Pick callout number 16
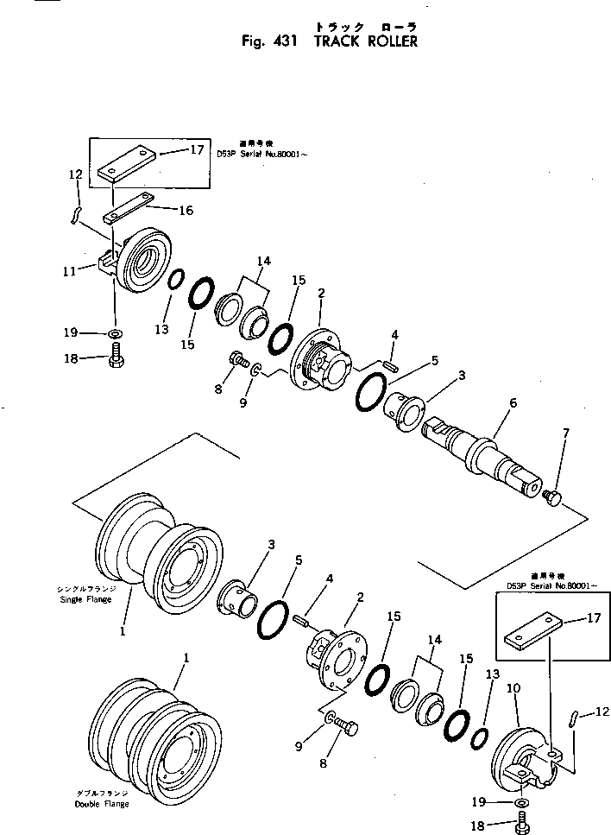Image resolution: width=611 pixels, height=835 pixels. pyautogui.click(x=186, y=210)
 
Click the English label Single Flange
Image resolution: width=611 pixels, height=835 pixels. pyautogui.click(x=84, y=598)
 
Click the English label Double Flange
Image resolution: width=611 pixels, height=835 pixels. pyautogui.click(x=101, y=804)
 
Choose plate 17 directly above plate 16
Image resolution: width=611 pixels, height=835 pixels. pyautogui.click(x=126, y=164)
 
